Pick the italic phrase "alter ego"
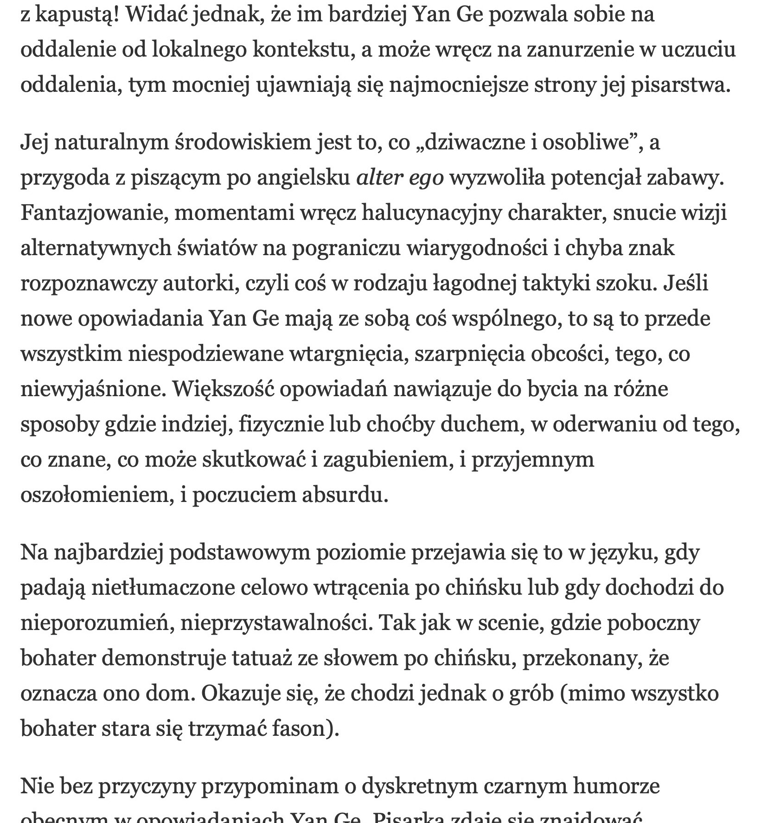coord(400,178)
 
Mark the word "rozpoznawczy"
coord(89,283)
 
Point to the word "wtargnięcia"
coord(349,354)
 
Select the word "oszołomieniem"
coord(96,495)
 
